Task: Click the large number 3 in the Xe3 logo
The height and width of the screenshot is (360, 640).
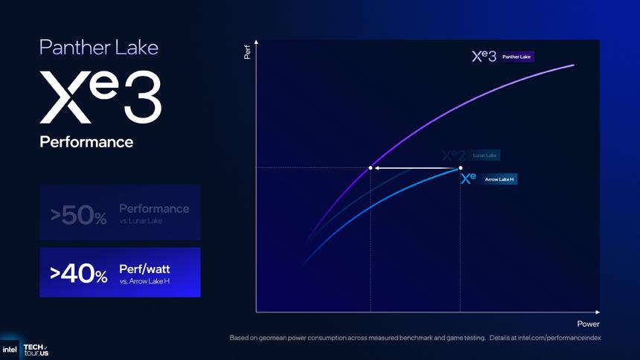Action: click(141, 98)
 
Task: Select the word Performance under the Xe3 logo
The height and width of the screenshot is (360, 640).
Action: click(86, 141)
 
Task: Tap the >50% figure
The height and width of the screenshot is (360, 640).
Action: click(79, 216)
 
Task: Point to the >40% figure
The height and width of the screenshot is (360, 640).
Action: click(79, 275)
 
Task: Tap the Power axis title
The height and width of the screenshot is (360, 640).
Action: click(588, 324)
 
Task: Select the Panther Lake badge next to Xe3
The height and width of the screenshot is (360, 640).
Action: click(517, 57)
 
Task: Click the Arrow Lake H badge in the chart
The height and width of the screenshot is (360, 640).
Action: click(499, 179)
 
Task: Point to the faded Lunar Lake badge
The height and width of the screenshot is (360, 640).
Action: click(485, 155)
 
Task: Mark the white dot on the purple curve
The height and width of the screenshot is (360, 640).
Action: click(371, 168)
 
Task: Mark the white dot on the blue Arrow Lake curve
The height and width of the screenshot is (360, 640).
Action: click(460, 168)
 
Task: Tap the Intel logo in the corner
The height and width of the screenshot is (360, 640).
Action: click(10, 349)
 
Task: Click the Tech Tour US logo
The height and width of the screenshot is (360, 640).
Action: click(35, 349)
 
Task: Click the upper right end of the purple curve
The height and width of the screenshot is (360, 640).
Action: click(574, 65)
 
